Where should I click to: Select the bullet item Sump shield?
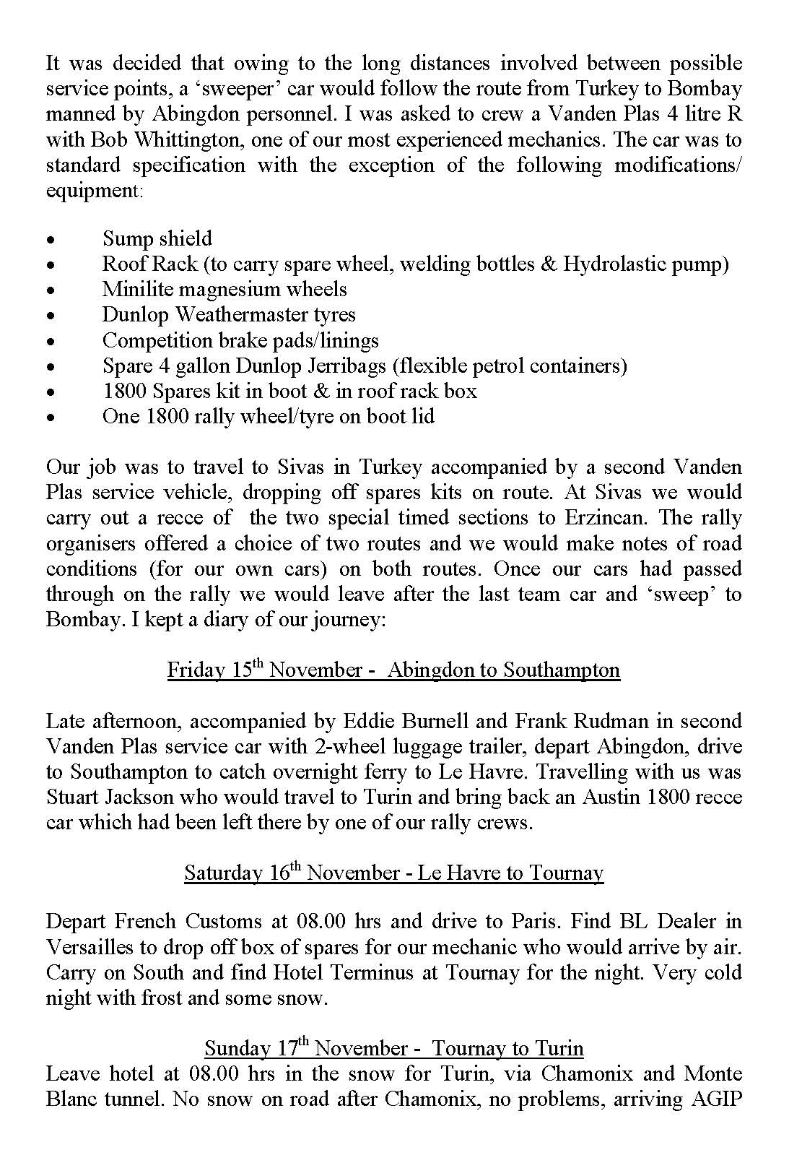click(x=157, y=238)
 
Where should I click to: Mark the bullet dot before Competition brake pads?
click(x=51, y=342)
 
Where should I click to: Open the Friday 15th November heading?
click(x=393, y=670)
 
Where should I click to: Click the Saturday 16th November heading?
click(x=393, y=873)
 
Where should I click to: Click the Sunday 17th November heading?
click(x=394, y=1047)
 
